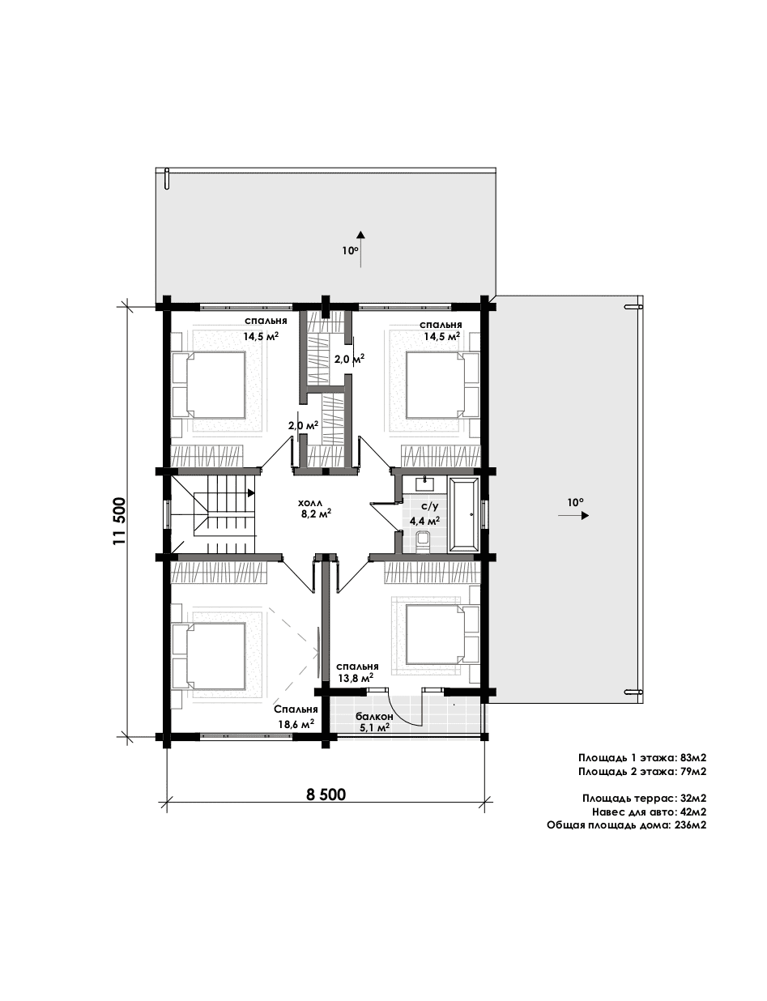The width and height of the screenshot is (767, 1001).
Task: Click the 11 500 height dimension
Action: (119, 521)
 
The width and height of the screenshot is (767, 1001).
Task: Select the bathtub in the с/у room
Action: (464, 514)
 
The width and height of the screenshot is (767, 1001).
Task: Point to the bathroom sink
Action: (424, 484)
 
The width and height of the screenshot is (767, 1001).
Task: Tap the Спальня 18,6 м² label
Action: (296, 716)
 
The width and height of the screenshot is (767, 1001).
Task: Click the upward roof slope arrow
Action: (360, 249)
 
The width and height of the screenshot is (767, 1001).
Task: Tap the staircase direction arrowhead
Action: (251, 493)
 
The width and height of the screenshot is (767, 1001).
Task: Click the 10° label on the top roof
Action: (350, 250)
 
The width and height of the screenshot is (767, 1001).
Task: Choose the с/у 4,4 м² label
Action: (424, 513)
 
